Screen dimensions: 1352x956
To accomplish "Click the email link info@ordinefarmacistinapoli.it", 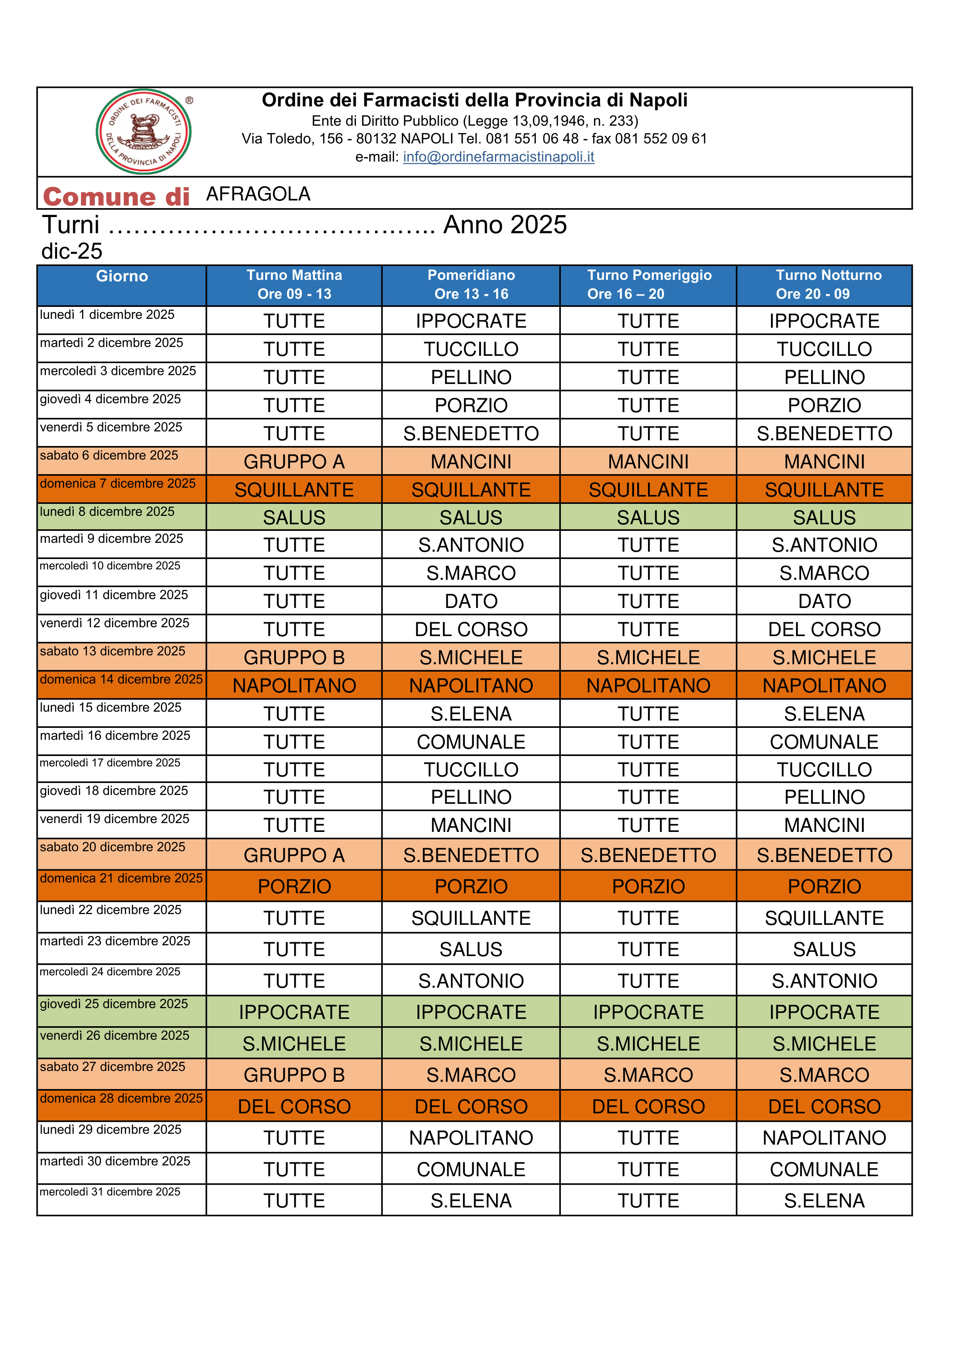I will (498, 157).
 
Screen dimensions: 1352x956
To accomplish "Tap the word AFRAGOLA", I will (258, 194).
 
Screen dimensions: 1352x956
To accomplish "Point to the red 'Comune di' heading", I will (116, 197).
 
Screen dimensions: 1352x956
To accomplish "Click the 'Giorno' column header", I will (122, 276).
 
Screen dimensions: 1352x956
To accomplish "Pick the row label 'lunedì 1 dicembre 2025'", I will (107, 315).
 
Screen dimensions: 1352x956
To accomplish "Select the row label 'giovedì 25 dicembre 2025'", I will (114, 1004).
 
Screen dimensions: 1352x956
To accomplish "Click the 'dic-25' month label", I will (72, 251).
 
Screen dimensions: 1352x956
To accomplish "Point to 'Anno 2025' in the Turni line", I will (505, 225).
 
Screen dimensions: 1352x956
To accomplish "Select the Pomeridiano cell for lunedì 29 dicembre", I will (471, 1138).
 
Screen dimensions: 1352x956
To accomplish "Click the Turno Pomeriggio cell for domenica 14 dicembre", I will (648, 685).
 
